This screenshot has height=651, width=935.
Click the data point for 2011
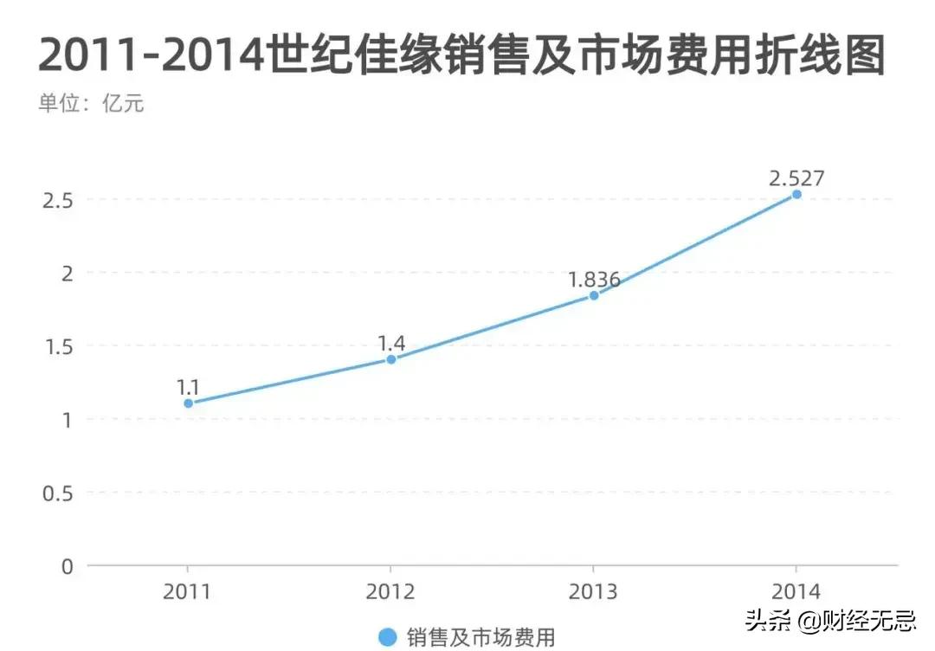[188, 403]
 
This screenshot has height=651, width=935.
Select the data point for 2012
[390, 359]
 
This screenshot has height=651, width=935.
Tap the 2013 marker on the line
[593, 295]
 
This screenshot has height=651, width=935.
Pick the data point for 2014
[796, 195]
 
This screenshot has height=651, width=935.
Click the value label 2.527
[796, 178]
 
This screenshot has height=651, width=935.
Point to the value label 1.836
[594, 280]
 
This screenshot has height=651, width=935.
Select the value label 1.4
[391, 344]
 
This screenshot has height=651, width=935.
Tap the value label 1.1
[188, 388]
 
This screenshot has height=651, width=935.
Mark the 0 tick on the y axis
[68, 566]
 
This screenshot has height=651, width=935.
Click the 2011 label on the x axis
[188, 593]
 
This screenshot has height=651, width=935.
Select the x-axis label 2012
[390, 593]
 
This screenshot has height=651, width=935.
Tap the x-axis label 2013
[593, 593]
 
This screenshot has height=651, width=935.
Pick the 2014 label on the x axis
[796, 593]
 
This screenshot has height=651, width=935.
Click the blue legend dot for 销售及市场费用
[389, 637]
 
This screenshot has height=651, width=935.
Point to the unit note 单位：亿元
[90, 104]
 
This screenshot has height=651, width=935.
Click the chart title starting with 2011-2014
[461, 55]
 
